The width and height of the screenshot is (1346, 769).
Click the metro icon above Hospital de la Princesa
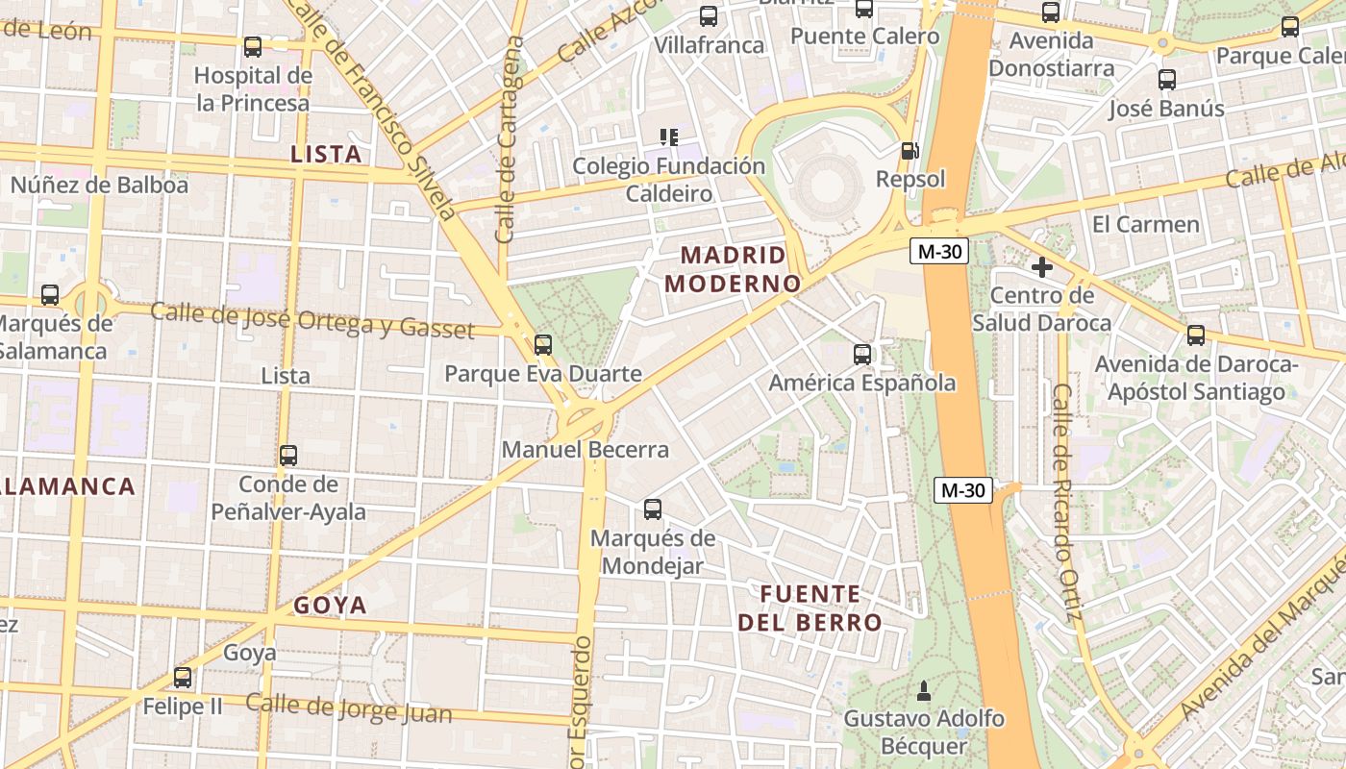[x=253, y=46]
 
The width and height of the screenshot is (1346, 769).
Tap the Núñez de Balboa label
[x=99, y=185]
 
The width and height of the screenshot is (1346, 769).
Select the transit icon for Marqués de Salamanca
[x=50, y=295]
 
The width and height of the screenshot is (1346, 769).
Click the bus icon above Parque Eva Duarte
[x=543, y=344]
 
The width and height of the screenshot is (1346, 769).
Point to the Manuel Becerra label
[x=585, y=449]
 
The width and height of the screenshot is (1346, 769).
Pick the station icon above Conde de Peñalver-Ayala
[x=288, y=456]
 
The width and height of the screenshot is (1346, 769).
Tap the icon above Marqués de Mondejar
[x=653, y=509]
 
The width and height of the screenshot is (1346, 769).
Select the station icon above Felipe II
[x=183, y=677]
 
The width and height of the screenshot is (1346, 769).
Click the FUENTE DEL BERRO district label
[x=810, y=608]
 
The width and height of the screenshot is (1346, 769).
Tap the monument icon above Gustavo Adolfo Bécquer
[x=924, y=689]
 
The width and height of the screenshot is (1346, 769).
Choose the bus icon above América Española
[x=862, y=354]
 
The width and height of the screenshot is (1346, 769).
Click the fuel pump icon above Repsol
[x=910, y=150]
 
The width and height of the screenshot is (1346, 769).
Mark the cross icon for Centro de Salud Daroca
[x=1042, y=266]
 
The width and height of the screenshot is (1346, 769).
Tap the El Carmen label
[x=1146, y=224]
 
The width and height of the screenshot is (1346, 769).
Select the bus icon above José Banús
[x=1167, y=80]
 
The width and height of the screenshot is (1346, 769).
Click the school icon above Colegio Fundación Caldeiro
[x=669, y=136]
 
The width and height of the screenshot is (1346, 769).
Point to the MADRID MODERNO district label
[x=734, y=269]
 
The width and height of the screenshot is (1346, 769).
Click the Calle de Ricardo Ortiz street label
[x=1066, y=502]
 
